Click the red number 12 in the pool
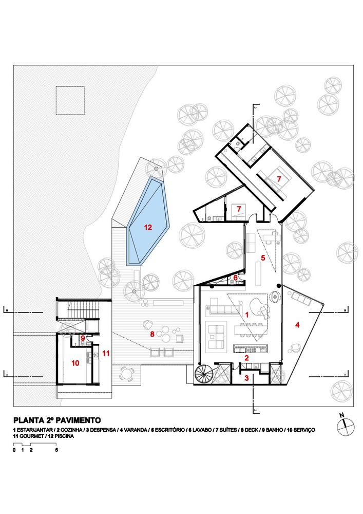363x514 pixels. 148,227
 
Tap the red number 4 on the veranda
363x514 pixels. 297,325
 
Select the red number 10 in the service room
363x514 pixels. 75,363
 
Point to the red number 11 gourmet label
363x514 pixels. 105,353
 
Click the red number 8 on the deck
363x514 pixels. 152,334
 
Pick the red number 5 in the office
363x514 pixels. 263,258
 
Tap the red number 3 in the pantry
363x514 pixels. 246,378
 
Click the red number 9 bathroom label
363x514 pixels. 83,338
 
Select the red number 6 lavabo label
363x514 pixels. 235,277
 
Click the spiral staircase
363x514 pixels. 203,374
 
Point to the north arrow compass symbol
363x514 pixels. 346,427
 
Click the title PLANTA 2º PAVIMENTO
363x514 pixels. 57,420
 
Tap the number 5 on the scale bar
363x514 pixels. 56,450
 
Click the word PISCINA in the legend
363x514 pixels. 64,436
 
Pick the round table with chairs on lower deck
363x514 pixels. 126,373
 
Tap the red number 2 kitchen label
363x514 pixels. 246,358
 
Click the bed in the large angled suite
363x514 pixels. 278,179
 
